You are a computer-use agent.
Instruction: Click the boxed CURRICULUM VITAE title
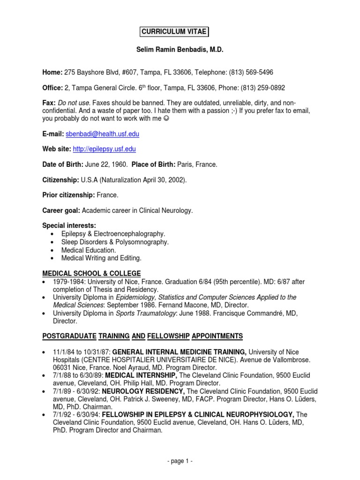[x=174, y=32]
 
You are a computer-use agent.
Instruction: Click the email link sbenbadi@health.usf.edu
[x=102, y=134]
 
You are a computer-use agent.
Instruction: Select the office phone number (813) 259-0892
[x=262, y=88]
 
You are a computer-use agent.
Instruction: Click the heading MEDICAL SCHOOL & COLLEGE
[x=91, y=273]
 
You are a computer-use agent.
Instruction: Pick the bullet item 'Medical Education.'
[x=89, y=250]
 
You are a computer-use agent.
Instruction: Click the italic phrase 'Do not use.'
[x=73, y=103]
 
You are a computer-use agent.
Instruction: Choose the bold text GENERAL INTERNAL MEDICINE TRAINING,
[x=180, y=352]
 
